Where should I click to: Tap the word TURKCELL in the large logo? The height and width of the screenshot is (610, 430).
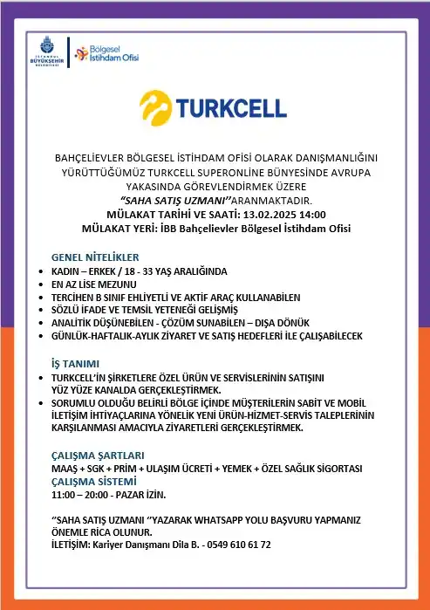click(229, 107)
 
